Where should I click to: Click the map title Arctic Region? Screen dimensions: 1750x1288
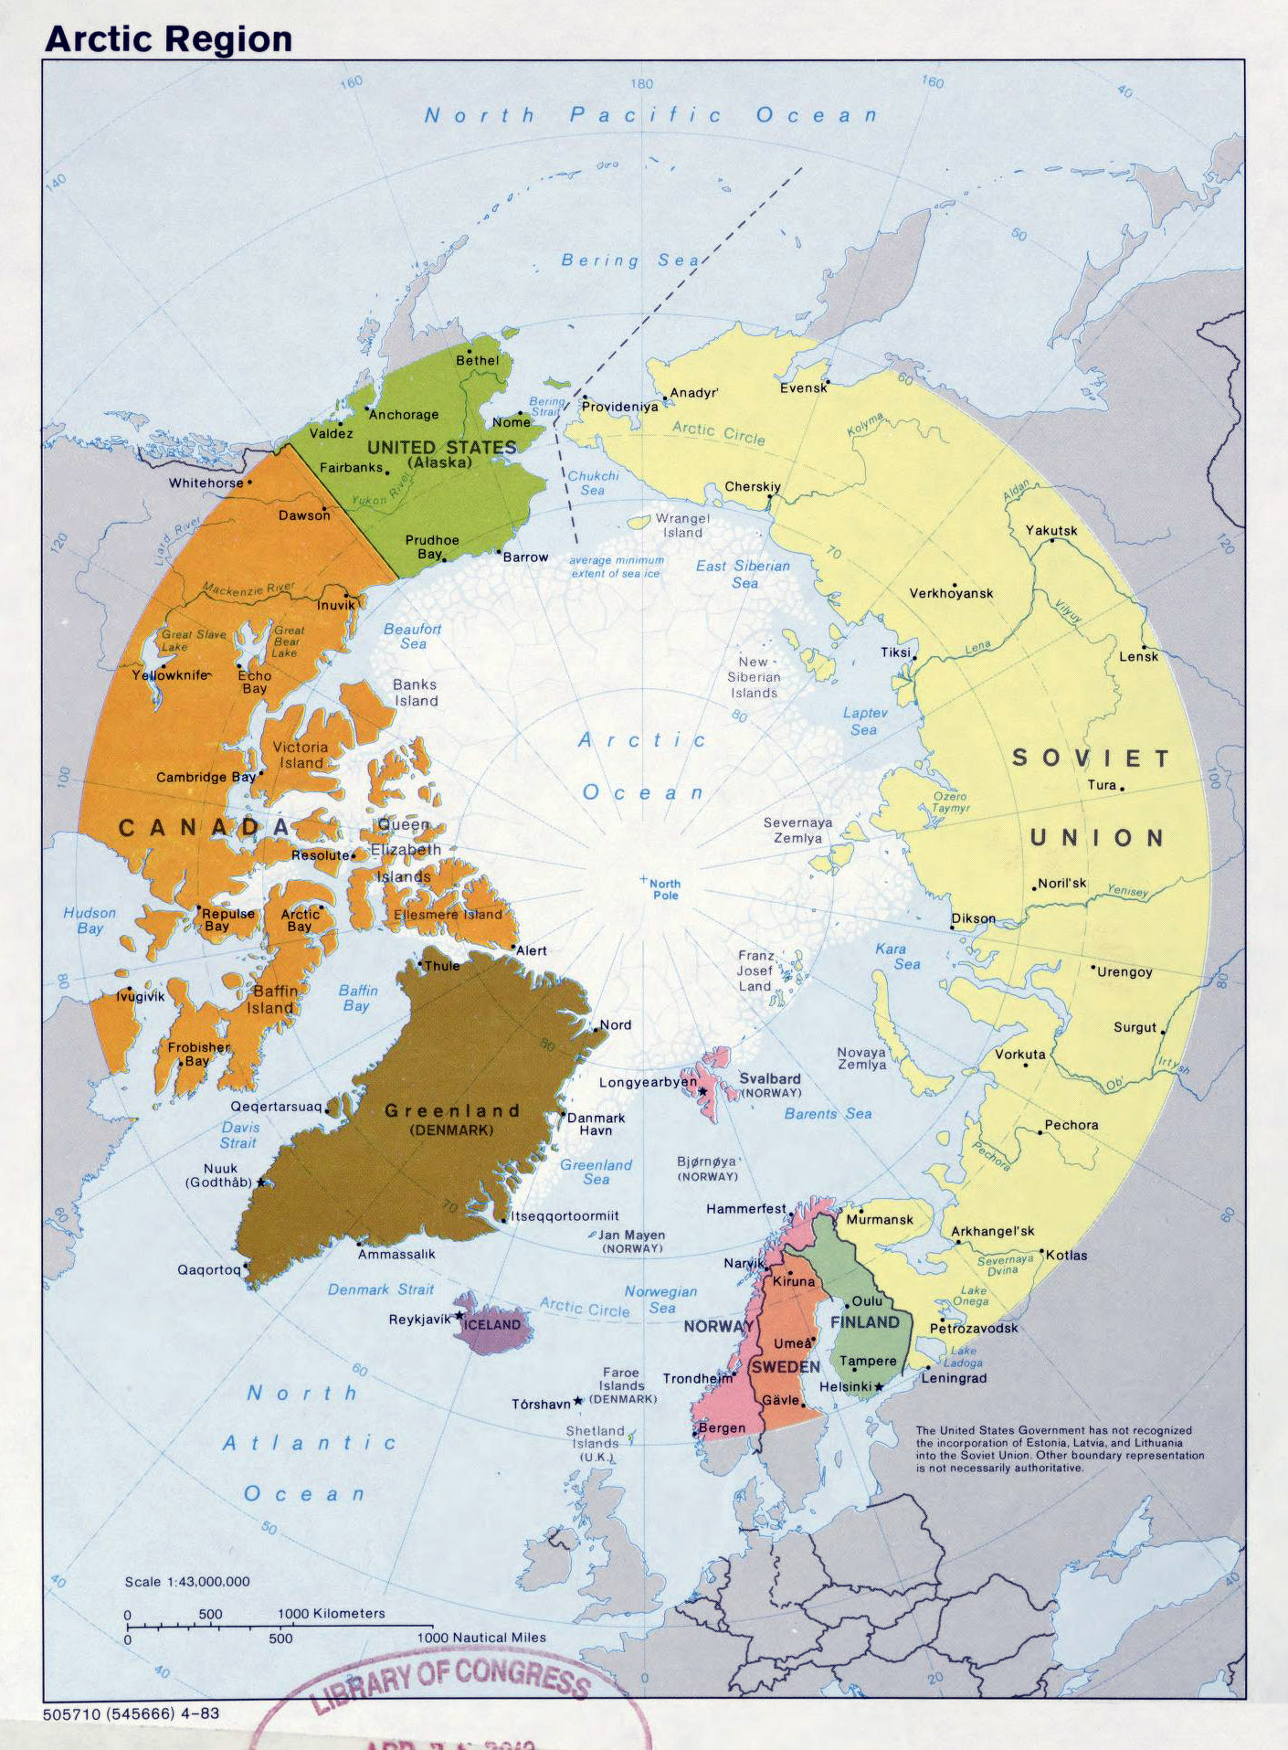pos(168,39)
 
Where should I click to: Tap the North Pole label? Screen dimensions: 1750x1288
pos(665,889)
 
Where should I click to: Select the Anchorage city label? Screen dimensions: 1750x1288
pos(404,415)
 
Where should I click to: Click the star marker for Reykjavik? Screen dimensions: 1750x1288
pos(459,1316)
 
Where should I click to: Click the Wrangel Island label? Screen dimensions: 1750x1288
pos(682,525)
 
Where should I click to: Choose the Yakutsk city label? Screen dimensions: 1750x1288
pos(1050,531)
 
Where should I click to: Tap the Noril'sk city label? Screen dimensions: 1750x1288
pos(1062,884)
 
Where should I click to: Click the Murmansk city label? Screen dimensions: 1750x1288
pos(879,1219)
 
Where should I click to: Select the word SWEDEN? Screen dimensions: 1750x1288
pos(786,1366)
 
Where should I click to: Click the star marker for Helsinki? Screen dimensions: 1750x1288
pos(879,1386)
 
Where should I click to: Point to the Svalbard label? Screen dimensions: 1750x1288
pos(769,1079)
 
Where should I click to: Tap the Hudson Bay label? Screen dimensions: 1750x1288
pos(90,920)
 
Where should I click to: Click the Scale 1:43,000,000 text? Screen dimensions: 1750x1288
pos(187,1582)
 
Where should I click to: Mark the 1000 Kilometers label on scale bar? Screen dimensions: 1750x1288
pos(331,1614)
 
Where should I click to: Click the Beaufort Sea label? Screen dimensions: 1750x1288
pos(412,636)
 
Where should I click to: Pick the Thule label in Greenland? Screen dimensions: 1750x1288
pos(442,966)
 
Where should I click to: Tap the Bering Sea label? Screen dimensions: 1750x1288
pos(630,260)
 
